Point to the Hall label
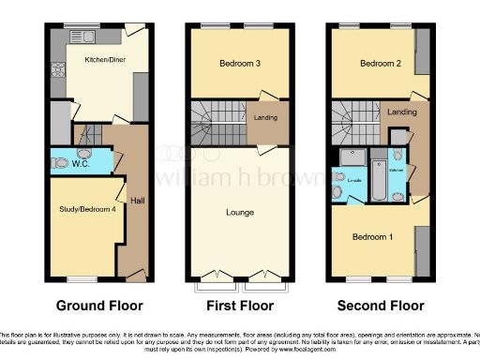pyautogui.click(x=137, y=200)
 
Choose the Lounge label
pyautogui.click(x=240, y=212)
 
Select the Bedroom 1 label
pyautogui.click(x=372, y=236)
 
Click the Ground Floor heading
pyautogui.click(x=99, y=306)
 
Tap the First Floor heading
pyautogui.click(x=240, y=306)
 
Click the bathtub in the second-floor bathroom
pyautogui.click(x=378, y=180)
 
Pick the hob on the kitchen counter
pyautogui.click(x=56, y=67)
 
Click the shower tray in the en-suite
pyautogui.click(x=352, y=157)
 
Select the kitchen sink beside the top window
pyautogui.click(x=102, y=36)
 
